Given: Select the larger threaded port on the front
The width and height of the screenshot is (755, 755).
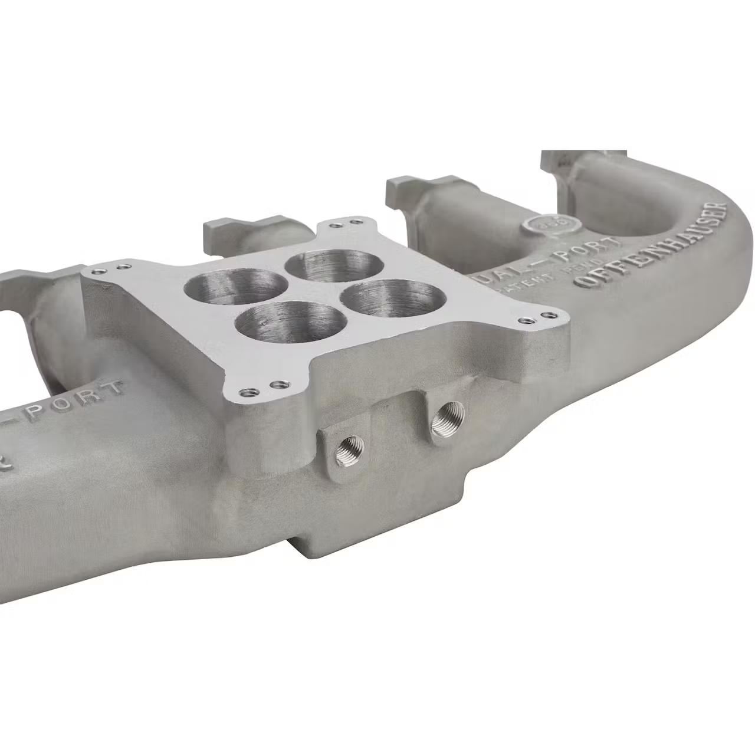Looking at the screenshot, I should click(x=446, y=419).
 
